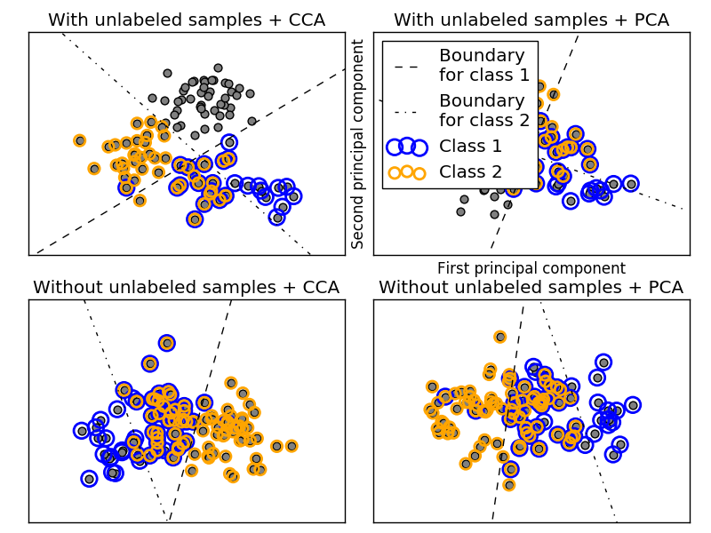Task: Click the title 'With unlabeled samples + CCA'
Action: (x=187, y=20)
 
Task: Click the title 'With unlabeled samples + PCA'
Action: (x=531, y=20)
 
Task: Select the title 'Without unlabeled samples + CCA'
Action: (x=187, y=287)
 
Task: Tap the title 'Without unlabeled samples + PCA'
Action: (x=531, y=287)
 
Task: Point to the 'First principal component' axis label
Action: (x=531, y=268)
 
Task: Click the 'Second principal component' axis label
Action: (x=359, y=144)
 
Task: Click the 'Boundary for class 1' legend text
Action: (x=484, y=65)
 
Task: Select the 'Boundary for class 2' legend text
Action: (x=484, y=110)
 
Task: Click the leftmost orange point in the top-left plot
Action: (x=79, y=140)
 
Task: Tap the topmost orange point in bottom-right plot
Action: (x=500, y=337)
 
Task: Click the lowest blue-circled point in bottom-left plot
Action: (x=89, y=479)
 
